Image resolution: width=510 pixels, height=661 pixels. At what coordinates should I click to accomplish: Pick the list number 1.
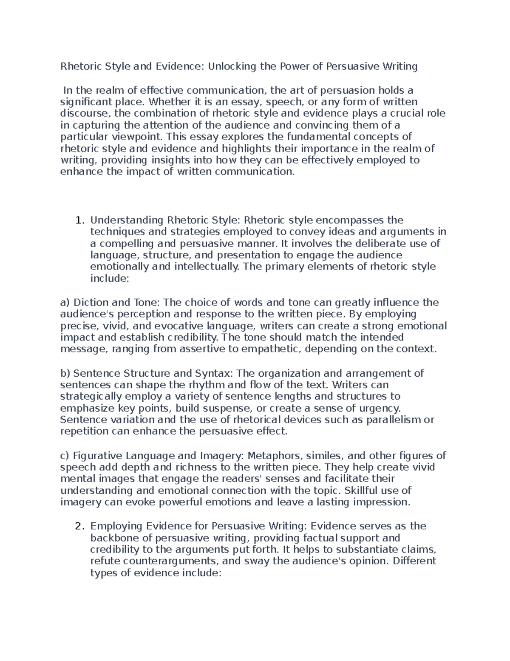point(78,220)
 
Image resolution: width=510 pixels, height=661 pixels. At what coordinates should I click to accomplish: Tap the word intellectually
point(207,267)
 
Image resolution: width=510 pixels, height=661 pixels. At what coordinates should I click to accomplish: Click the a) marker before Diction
point(65,303)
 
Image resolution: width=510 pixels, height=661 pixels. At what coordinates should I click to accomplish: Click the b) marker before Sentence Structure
point(65,373)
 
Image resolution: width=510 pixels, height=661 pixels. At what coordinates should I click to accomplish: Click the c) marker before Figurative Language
point(65,456)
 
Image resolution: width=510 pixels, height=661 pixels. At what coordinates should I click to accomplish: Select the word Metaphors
point(274,456)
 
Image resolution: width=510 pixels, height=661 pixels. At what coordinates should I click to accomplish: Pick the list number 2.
point(78,527)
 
